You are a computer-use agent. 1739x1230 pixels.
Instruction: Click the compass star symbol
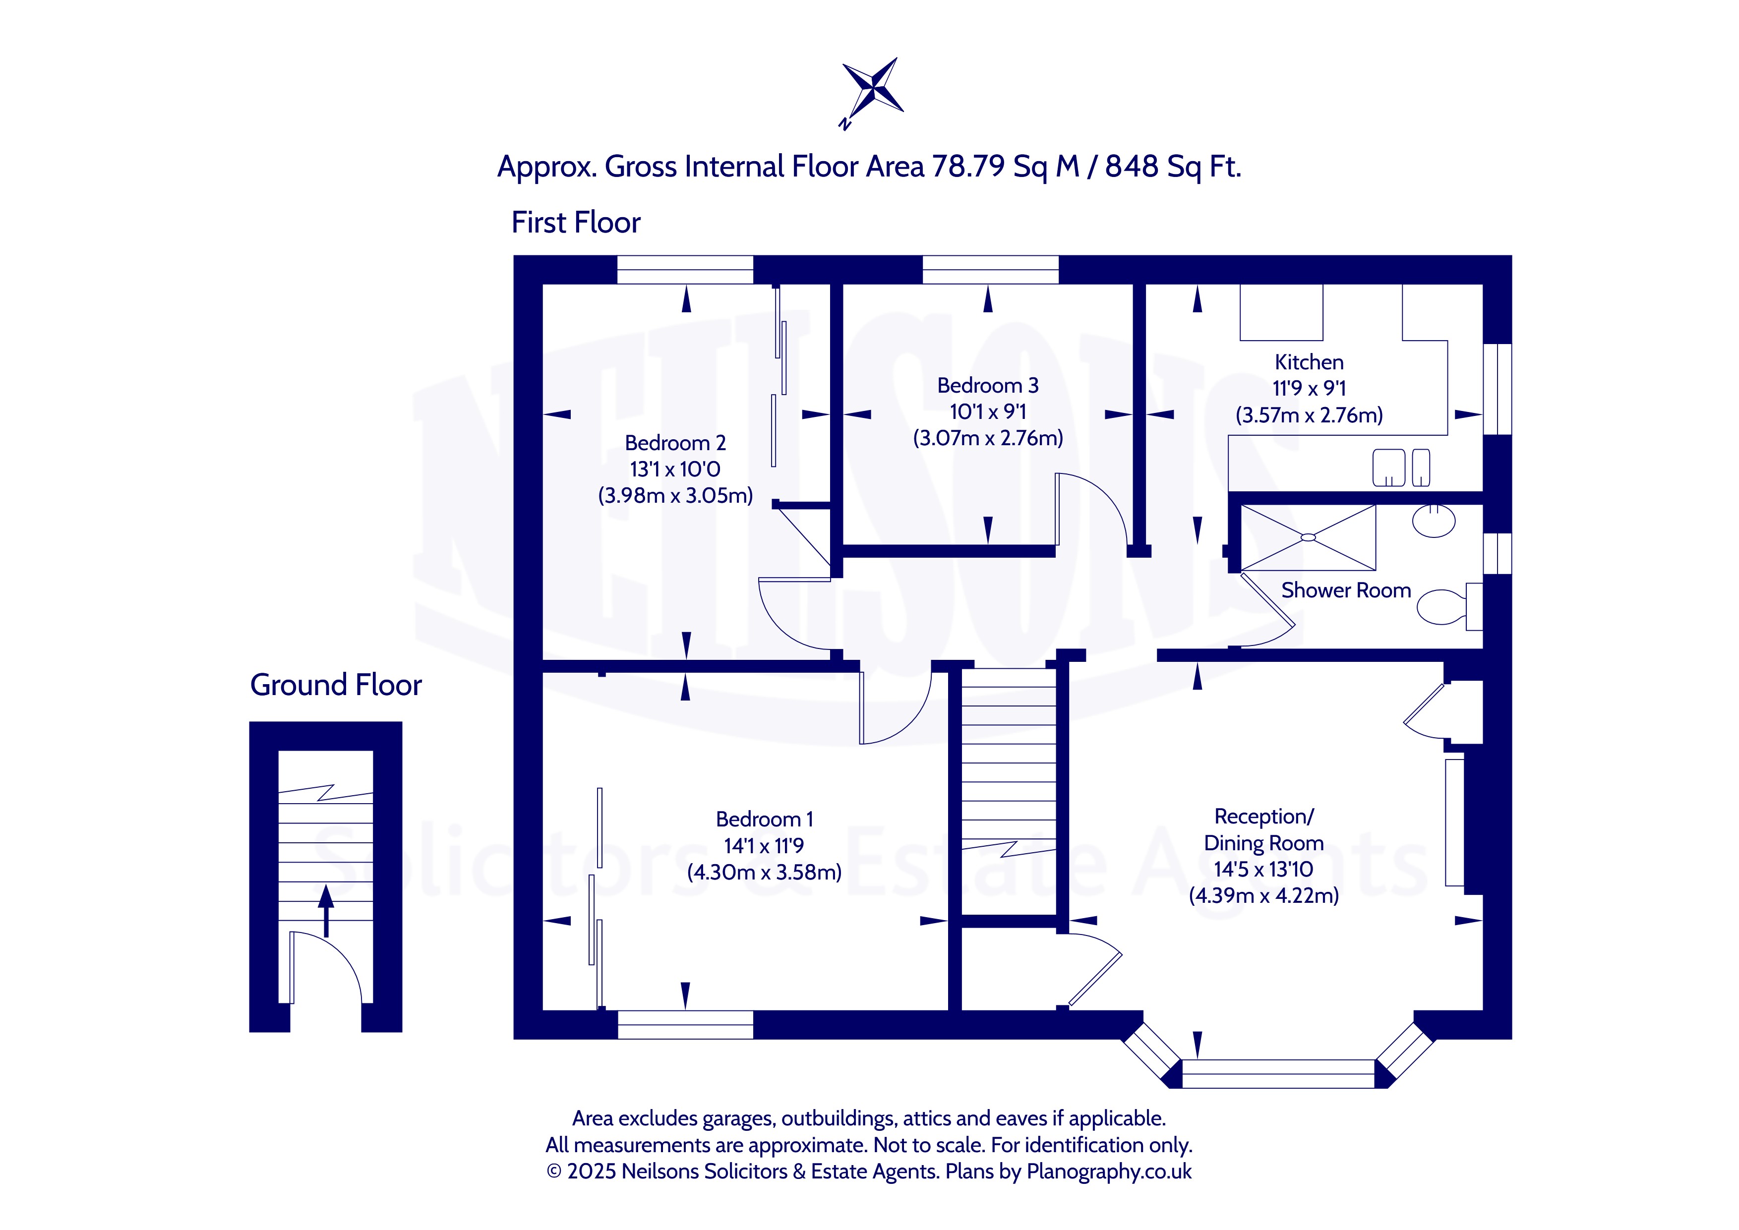(873, 89)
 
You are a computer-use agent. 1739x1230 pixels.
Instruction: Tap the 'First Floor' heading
(576, 223)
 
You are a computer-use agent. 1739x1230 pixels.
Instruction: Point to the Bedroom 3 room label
(988, 386)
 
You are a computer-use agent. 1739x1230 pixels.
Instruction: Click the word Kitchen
(1309, 362)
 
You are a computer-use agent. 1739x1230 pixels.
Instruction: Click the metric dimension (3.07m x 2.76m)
(988, 438)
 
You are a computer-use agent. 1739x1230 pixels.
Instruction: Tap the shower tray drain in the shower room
(1308, 538)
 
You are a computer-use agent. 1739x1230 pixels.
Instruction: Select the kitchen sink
(1401, 468)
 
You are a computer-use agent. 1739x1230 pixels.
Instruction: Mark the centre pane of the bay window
(1278, 1074)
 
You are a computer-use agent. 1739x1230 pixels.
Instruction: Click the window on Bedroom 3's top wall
(990, 270)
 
